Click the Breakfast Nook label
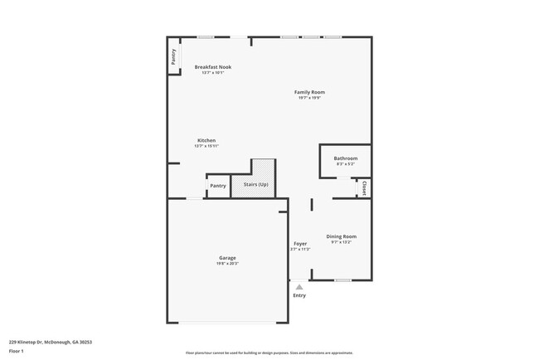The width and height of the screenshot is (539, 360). click(213, 66)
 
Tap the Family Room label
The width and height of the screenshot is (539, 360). click(309, 91)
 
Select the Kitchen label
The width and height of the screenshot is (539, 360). click(206, 140)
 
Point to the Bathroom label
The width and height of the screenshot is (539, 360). click(346, 158)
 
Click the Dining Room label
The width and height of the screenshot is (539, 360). click(342, 236)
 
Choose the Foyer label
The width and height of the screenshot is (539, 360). click(300, 243)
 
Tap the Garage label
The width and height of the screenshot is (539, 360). click(227, 258)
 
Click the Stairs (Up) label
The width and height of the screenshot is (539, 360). click(255, 184)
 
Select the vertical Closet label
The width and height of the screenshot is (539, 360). click(365, 188)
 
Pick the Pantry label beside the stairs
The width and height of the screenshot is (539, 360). click(218, 186)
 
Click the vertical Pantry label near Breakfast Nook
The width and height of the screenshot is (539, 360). click(173, 57)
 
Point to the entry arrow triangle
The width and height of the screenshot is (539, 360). click(299, 287)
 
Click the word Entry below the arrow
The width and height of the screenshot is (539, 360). click(299, 295)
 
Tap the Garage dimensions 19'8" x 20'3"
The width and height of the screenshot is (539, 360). click(227, 263)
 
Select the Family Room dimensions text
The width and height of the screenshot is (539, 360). click(309, 97)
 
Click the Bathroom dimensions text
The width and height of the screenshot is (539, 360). click(346, 163)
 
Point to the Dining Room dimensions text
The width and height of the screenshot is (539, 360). click(342, 242)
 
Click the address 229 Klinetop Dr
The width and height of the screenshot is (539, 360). click(51, 341)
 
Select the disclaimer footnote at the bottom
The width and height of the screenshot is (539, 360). click(269, 352)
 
